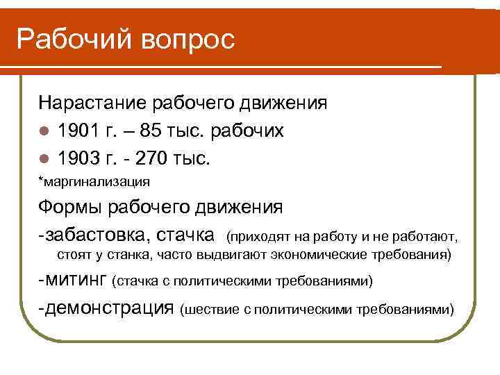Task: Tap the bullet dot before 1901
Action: (x=44, y=132)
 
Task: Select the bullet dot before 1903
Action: (x=44, y=159)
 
